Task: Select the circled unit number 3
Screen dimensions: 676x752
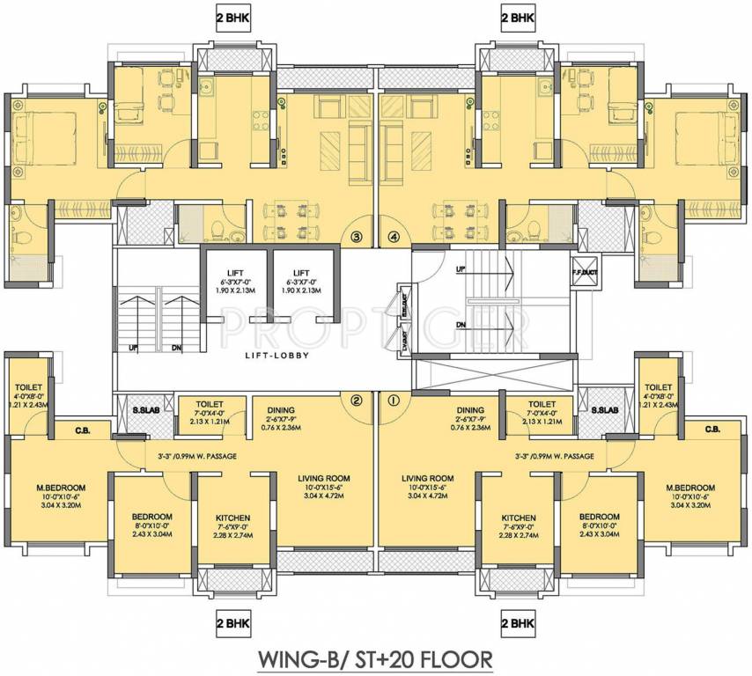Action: (357, 237)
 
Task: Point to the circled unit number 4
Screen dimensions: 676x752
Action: (393, 237)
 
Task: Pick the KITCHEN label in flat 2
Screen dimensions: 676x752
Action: (232, 518)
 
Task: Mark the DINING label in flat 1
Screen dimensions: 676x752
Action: (470, 410)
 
